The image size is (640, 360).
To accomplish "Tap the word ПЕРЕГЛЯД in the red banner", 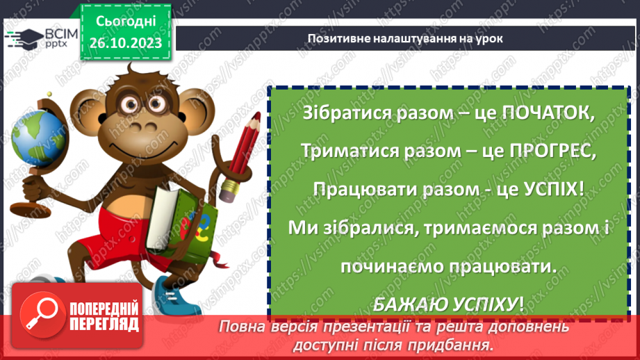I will [104, 325].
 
